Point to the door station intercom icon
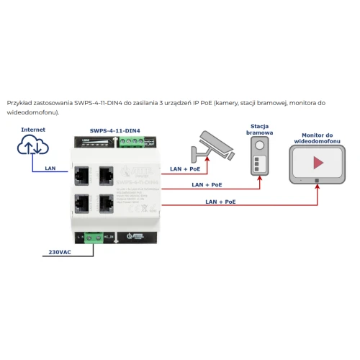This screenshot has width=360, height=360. tap(259, 156)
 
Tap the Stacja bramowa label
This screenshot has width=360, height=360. tap(259, 129)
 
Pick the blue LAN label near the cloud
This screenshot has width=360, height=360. tap(50, 168)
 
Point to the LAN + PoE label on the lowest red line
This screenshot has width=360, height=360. tap(220, 202)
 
